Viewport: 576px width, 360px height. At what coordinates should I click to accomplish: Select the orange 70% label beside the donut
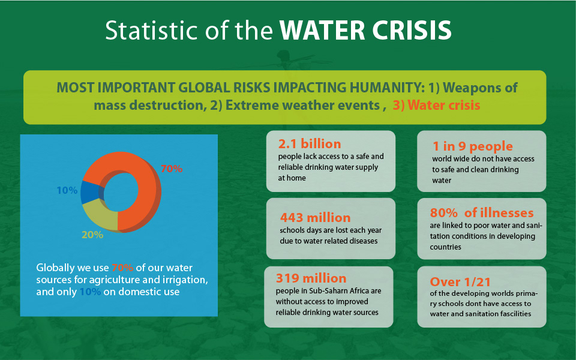[172, 169]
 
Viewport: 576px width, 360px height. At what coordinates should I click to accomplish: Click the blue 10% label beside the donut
[67, 190]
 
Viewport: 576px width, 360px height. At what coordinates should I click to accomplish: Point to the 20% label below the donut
[92, 235]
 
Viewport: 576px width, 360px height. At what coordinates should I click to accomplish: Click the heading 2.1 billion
[310, 144]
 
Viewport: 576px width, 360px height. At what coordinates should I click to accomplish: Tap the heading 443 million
[316, 217]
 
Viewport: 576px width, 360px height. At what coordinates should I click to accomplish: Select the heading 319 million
[311, 278]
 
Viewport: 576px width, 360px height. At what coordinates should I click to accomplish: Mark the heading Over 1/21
[461, 281]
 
